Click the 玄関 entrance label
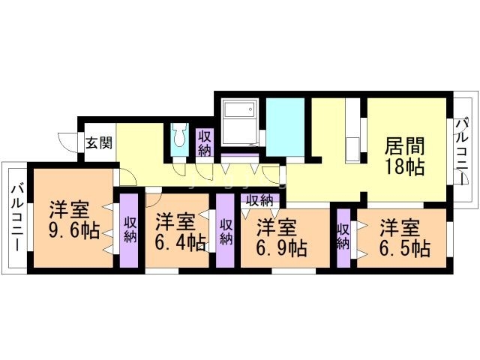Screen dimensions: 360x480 (x=98, y=143)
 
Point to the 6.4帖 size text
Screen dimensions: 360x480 (x=180, y=241)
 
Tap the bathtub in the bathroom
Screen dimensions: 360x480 (x=238, y=112)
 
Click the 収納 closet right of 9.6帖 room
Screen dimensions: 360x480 (x=130, y=230)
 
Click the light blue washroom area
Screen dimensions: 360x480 (x=285, y=125)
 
